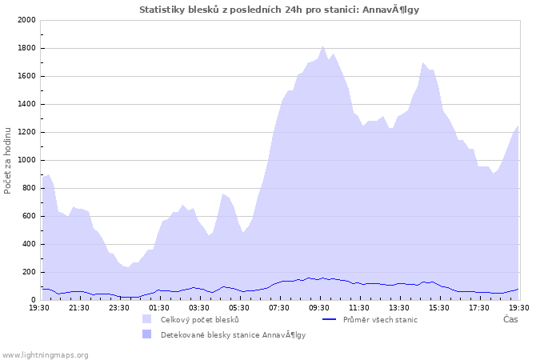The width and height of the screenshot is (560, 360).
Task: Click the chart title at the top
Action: (279, 10)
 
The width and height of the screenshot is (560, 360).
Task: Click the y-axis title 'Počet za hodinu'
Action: (8, 160)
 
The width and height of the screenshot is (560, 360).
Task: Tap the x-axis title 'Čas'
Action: (510, 319)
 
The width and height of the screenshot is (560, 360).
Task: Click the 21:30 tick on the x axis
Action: (79, 307)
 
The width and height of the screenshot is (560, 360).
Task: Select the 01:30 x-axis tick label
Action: (159, 307)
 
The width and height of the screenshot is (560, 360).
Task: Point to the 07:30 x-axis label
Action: (279, 307)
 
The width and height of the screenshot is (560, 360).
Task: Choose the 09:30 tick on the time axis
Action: (319, 307)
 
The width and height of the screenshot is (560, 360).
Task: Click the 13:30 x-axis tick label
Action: (399, 307)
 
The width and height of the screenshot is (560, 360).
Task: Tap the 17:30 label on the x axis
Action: (479, 307)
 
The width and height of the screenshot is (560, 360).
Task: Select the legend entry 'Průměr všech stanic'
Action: (380, 319)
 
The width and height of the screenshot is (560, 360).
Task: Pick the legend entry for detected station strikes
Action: (233, 334)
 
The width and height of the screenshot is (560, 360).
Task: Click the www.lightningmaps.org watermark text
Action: (45, 354)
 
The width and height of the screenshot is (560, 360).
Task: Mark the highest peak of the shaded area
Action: (323, 46)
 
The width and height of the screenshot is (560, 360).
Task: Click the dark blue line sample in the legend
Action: (328, 319)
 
